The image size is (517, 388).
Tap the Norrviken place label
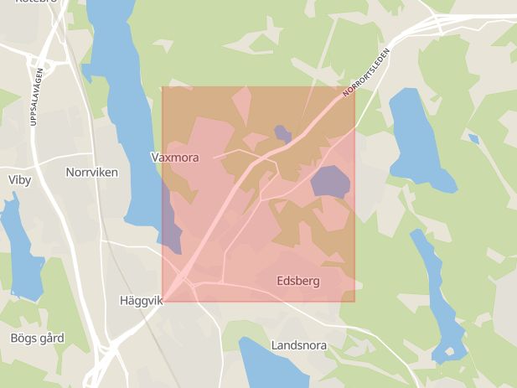(x=91, y=172)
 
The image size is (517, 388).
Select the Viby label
(x=18, y=179)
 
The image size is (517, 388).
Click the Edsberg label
(x=297, y=282)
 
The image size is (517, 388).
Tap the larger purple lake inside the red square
(x=330, y=182)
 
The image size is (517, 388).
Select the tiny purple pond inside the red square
(x=282, y=132)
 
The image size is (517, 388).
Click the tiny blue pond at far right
(x=473, y=138)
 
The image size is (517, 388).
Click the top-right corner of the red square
(x=354, y=87)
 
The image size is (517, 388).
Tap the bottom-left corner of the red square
(x=162, y=302)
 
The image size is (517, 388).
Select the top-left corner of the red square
(x=162, y=87)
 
